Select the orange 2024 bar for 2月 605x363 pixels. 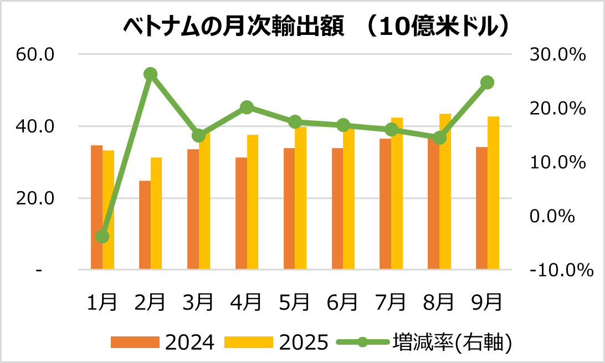(145, 225)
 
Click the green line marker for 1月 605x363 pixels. (102, 237)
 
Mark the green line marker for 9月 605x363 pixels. (488, 83)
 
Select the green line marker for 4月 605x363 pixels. (247, 108)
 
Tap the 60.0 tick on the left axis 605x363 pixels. (35, 55)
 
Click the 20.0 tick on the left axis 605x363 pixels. (35, 198)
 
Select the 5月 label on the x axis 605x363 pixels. (294, 302)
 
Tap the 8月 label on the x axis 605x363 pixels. (439, 302)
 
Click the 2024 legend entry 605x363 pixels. (163, 342)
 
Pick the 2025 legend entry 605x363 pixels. (278, 342)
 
